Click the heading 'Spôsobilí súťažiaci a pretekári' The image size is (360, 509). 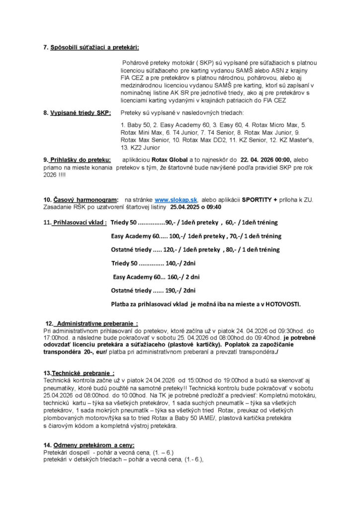(x=94, y=47)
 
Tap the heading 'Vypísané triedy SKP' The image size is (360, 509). (x=80, y=113)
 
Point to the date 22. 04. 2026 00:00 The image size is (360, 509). (x=266, y=160)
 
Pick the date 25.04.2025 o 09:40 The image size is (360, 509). (x=196, y=207)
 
